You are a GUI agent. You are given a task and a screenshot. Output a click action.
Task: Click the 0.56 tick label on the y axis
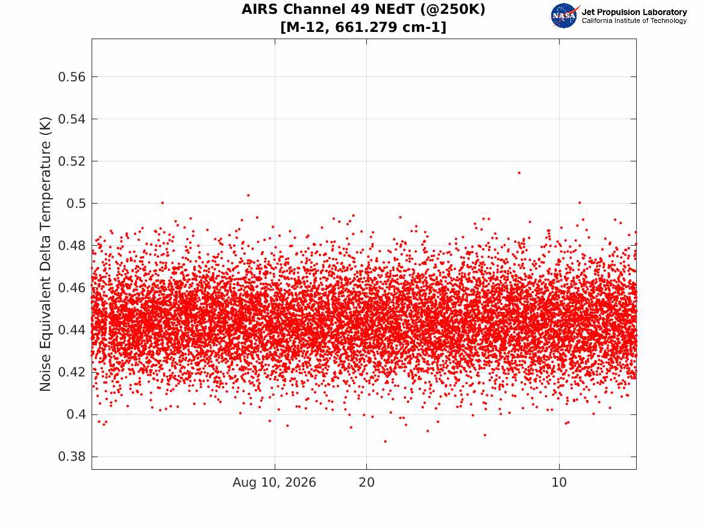click(x=71, y=77)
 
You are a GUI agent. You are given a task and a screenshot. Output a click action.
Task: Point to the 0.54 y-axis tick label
click(x=71, y=119)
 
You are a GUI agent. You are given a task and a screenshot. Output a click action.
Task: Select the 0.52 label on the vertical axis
click(x=71, y=161)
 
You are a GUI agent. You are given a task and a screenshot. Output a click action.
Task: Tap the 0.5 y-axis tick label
click(x=76, y=204)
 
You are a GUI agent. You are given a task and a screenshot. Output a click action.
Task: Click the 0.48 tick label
click(x=71, y=246)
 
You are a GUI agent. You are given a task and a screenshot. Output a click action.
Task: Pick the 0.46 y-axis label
click(x=71, y=288)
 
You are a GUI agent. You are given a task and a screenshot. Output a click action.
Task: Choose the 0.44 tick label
click(x=71, y=330)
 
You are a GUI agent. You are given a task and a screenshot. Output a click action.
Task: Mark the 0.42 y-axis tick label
click(x=71, y=372)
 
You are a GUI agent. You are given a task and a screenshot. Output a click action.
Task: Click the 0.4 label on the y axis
click(x=76, y=414)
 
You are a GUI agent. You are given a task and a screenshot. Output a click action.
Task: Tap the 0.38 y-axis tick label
click(x=71, y=457)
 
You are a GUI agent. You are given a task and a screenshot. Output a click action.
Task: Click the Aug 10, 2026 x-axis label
click(x=274, y=482)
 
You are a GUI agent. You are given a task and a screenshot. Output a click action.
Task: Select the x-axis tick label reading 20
click(x=367, y=482)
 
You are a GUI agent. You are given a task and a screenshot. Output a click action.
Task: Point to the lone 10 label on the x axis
click(x=559, y=482)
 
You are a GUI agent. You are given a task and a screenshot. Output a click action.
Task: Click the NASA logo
click(x=564, y=16)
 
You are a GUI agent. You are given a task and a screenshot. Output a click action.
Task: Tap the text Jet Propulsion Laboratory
click(x=634, y=12)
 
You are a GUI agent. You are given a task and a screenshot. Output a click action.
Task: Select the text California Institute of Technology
click(x=634, y=20)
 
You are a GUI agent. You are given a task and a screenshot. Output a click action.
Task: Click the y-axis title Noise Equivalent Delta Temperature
click(x=45, y=254)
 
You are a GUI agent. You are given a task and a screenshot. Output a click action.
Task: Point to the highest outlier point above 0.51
click(x=519, y=172)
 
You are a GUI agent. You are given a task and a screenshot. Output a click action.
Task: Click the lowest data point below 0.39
click(x=385, y=441)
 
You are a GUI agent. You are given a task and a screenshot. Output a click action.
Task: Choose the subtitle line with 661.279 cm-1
click(x=363, y=27)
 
